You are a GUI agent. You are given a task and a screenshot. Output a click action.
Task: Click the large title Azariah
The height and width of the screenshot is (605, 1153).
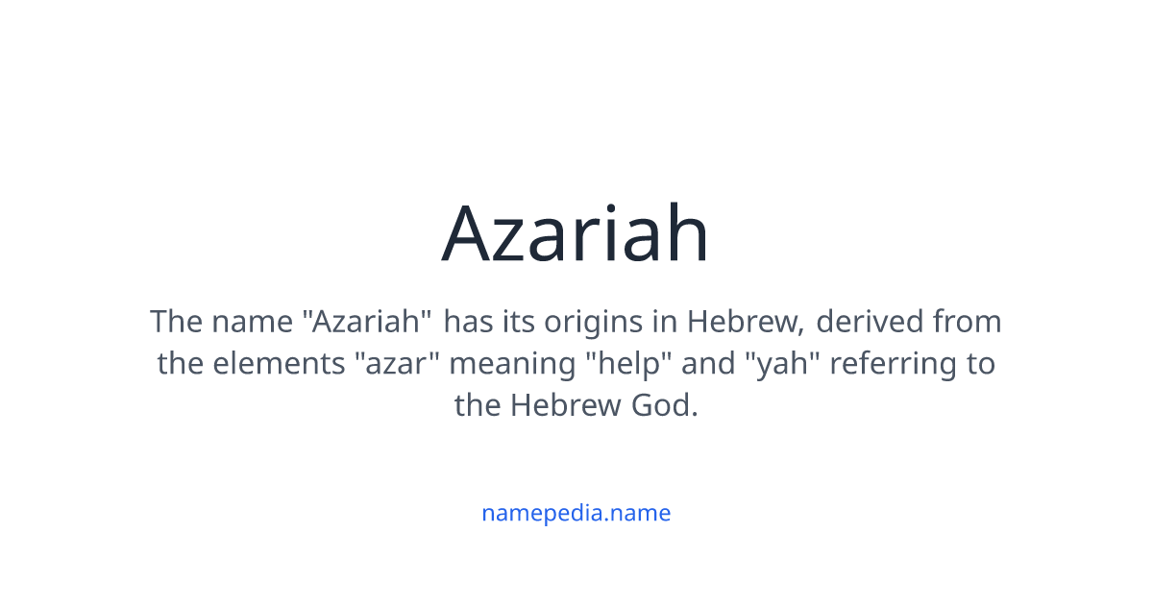coord(576,234)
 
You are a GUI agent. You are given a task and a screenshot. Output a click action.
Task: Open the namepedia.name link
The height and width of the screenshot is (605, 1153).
coord(576,513)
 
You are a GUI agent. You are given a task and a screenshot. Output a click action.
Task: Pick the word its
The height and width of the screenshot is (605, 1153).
coord(518,322)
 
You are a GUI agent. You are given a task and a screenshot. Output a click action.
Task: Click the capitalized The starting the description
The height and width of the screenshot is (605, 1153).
coord(175,322)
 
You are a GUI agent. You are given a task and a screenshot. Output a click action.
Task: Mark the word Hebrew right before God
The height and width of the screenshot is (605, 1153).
coord(566,406)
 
